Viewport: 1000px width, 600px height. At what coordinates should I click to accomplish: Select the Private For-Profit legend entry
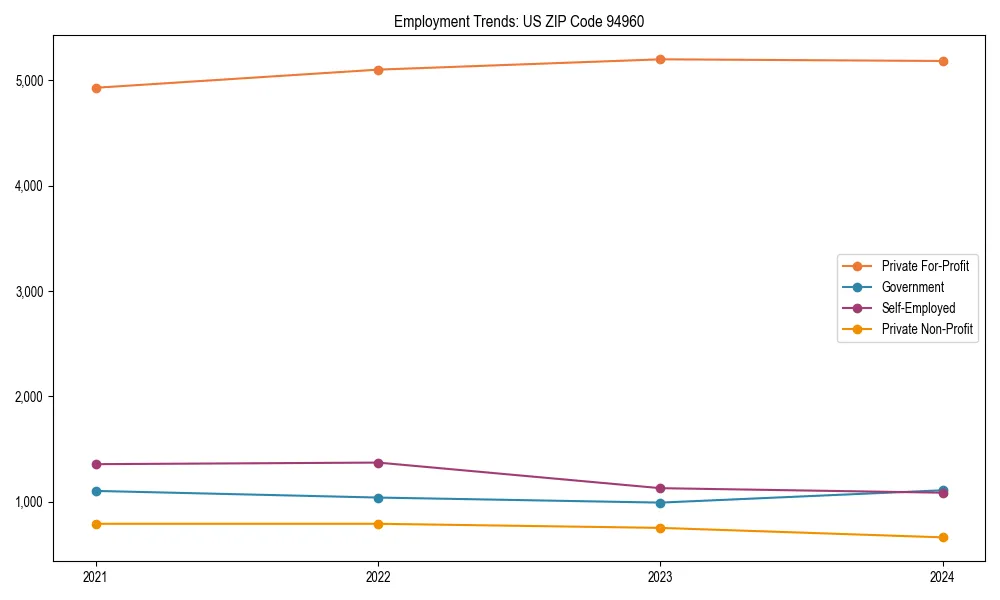(x=925, y=266)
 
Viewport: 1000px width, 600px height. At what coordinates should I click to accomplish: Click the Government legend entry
(x=912, y=287)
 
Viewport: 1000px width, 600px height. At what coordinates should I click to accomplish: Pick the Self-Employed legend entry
(x=918, y=308)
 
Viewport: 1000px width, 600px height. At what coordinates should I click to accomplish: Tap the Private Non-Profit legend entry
(x=927, y=329)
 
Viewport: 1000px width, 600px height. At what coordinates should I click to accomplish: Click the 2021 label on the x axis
(x=96, y=576)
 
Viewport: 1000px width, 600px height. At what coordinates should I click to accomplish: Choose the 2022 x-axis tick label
(x=378, y=576)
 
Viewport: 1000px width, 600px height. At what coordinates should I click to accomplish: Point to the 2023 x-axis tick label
(x=660, y=576)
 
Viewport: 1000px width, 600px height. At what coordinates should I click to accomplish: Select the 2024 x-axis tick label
(x=942, y=576)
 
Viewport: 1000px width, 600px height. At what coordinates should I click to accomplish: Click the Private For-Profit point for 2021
(x=96, y=88)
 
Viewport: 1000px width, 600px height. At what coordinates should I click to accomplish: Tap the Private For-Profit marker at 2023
(x=660, y=59)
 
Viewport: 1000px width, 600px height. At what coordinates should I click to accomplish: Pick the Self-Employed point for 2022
(x=378, y=463)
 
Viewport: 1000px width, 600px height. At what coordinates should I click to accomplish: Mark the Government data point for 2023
(x=660, y=503)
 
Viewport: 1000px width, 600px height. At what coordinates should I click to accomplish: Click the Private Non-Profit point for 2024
(x=942, y=538)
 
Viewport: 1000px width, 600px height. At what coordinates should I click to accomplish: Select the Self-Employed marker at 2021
(x=96, y=464)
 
